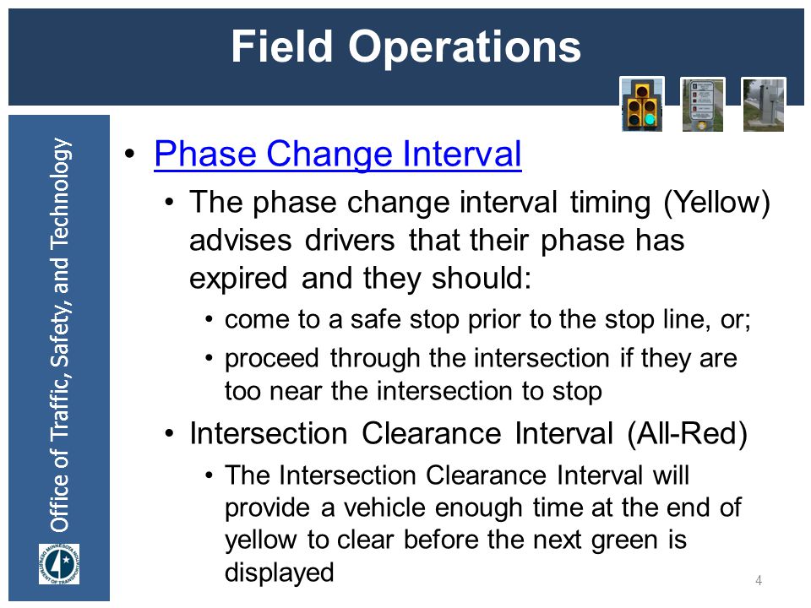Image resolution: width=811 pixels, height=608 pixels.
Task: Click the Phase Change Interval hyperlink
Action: [x=338, y=154]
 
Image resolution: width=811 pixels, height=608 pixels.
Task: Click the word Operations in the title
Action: [x=465, y=48]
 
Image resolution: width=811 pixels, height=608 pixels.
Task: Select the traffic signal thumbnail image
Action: [x=642, y=105]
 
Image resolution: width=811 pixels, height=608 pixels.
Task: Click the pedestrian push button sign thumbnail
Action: [x=702, y=105]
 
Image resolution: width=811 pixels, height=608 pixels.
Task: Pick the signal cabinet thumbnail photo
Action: [x=764, y=105]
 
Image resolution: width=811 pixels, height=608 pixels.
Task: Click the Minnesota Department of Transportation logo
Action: [x=59, y=563]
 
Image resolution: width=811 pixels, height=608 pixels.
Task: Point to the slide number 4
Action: [x=759, y=580]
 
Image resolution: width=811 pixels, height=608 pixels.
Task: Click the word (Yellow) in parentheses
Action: [x=717, y=202]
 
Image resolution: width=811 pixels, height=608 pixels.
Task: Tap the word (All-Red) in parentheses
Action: [x=688, y=433]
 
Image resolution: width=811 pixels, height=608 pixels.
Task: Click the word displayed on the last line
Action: [x=280, y=573]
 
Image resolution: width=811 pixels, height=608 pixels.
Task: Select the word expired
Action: [x=238, y=279]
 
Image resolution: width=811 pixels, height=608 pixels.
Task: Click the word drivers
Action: [x=350, y=241]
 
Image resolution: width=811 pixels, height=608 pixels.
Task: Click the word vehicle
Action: [x=384, y=508]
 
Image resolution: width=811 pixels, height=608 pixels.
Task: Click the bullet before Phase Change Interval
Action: [x=129, y=154]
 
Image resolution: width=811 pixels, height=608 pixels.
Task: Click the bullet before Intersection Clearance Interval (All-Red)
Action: [x=169, y=433]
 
